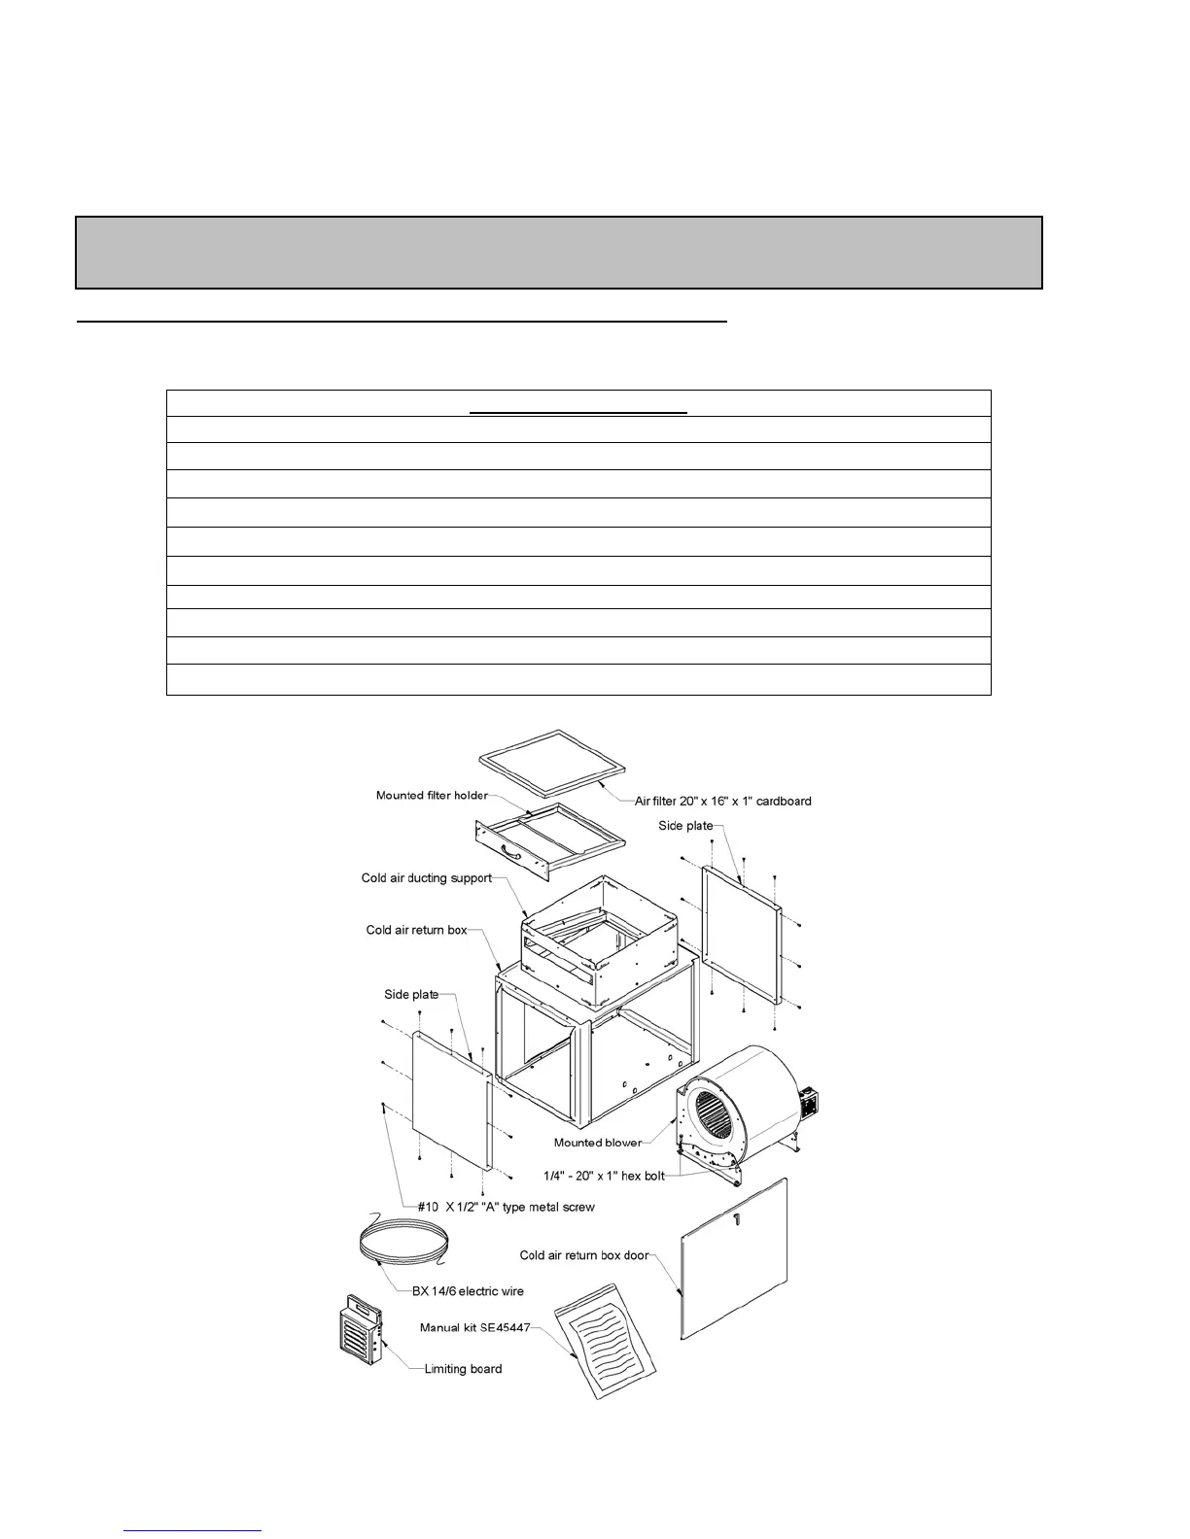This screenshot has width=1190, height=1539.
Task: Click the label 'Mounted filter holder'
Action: coord(432,796)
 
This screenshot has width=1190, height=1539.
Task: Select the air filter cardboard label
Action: coord(722,802)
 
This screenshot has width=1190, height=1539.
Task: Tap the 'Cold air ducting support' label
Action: coord(426,878)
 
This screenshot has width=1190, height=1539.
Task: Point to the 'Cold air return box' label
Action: coord(416,930)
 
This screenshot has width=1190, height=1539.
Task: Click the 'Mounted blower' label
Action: coord(597,1143)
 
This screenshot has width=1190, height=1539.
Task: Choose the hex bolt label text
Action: coord(604,1176)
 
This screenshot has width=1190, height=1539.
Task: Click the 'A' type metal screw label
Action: coord(506,1207)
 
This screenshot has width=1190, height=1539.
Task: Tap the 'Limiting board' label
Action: coord(463,1369)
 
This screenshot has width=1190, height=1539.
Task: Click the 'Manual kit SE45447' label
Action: coord(474,1327)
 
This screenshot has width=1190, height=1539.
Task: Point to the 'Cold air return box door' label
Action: coord(583,1255)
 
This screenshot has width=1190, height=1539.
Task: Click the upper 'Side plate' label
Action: coord(684,826)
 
